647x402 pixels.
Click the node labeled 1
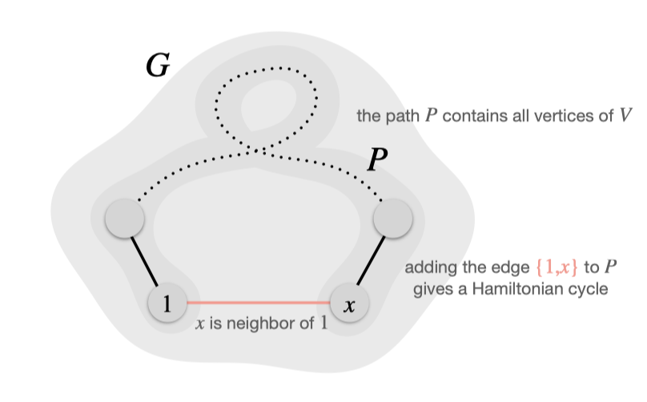[167, 304]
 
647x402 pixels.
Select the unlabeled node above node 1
[124, 218]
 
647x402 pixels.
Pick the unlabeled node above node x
[392, 218]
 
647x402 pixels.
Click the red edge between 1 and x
[258, 303]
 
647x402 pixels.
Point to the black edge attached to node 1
[146, 261]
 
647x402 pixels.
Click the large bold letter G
[157, 67]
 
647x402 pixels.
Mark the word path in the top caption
[403, 115]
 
